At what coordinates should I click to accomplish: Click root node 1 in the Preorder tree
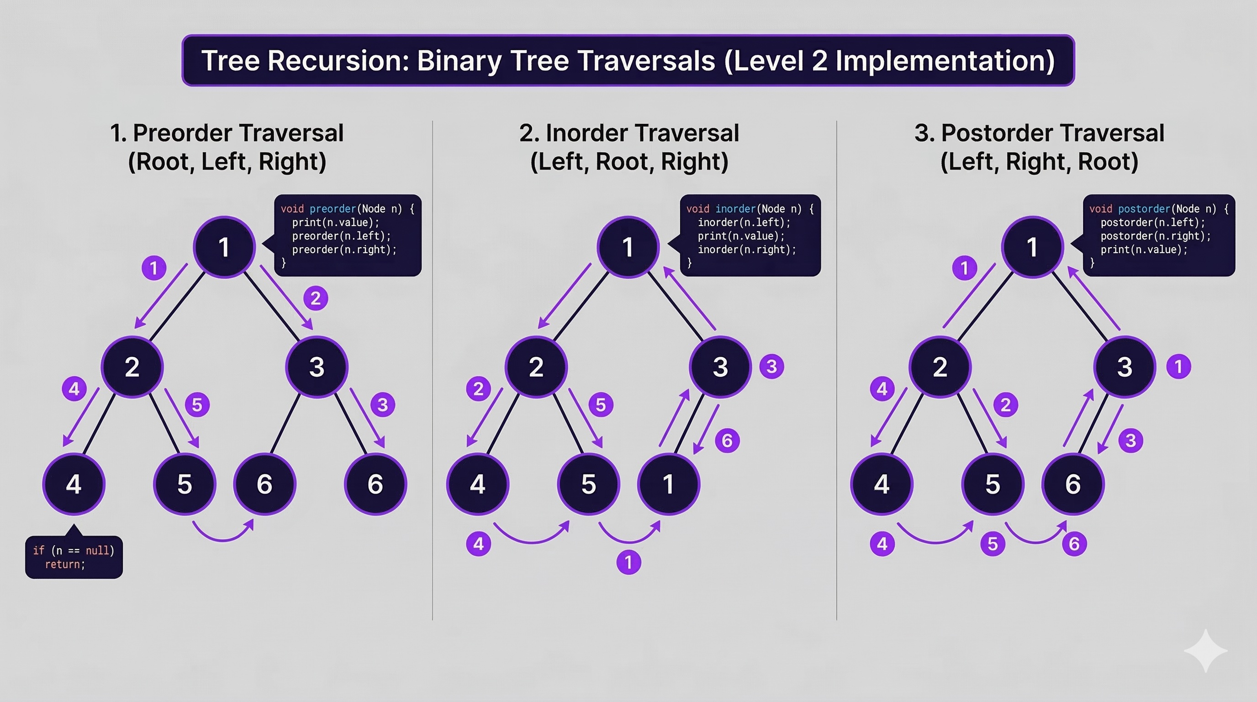pyautogui.click(x=224, y=247)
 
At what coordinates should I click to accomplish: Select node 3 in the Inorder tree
pyautogui.click(x=720, y=367)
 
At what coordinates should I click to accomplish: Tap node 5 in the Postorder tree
pyautogui.click(x=993, y=484)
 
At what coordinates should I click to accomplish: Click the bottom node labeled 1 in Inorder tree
pyautogui.click(x=669, y=484)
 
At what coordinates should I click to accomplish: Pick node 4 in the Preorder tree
pyautogui.click(x=74, y=484)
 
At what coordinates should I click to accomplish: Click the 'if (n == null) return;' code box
pyautogui.click(x=74, y=557)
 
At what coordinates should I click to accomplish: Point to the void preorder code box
pyautogui.click(x=348, y=235)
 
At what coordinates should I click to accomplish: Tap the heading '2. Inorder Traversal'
pyautogui.click(x=628, y=133)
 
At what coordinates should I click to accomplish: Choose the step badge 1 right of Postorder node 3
pyautogui.click(x=1178, y=367)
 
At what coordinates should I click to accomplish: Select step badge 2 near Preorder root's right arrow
pyautogui.click(x=316, y=298)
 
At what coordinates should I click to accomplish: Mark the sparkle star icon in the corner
pyautogui.click(x=1206, y=651)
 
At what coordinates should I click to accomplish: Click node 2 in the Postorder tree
pyautogui.click(x=940, y=367)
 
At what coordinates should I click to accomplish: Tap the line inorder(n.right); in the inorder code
pyautogui.click(x=747, y=250)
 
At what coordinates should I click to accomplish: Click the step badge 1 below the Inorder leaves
pyautogui.click(x=628, y=563)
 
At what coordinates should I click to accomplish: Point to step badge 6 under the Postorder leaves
pyautogui.click(x=1074, y=544)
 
